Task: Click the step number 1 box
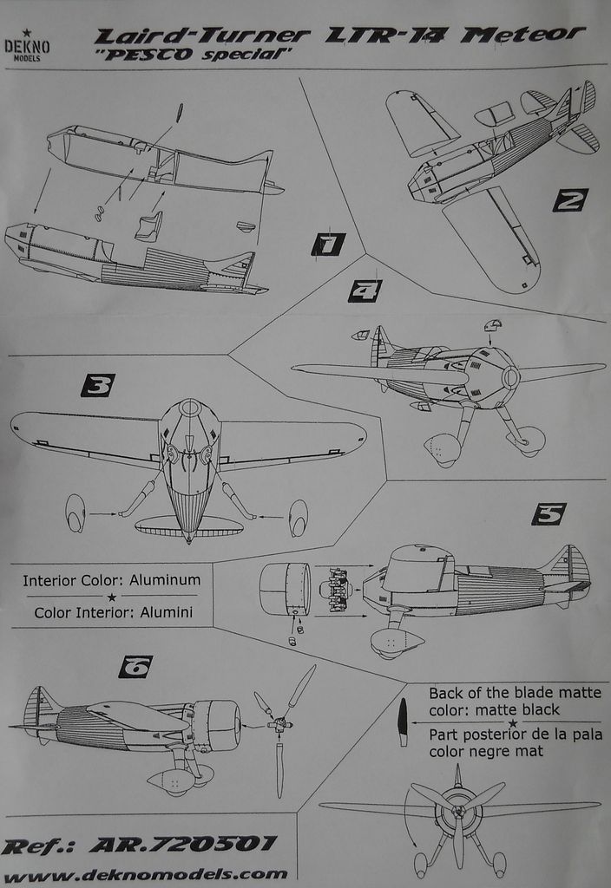click(x=328, y=245)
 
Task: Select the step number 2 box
click(x=570, y=200)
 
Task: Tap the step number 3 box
click(x=97, y=385)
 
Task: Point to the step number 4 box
click(x=365, y=291)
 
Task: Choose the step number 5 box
click(x=549, y=514)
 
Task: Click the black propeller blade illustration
click(x=402, y=722)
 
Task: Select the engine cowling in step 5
click(x=285, y=589)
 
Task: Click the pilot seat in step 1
click(x=148, y=227)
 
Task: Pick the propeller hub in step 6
click(x=279, y=724)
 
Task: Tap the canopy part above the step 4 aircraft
click(x=493, y=326)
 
